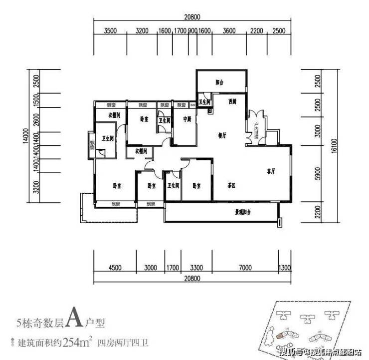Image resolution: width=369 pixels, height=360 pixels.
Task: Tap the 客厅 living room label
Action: [x=271, y=171]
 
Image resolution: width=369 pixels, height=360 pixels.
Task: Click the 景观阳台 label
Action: [x=243, y=212]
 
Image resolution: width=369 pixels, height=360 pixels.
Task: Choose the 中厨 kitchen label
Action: [x=187, y=119]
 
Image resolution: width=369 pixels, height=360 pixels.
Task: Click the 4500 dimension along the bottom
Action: [x=115, y=268]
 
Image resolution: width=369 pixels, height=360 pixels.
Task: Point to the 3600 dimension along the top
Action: [x=229, y=31]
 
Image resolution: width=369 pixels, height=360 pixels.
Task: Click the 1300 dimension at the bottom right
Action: [x=285, y=268]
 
